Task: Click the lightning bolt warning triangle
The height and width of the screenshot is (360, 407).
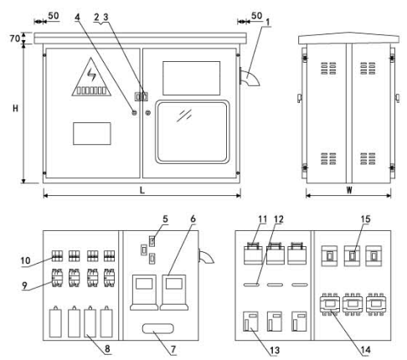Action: (x=91, y=77)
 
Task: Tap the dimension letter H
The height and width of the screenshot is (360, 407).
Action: (x=15, y=108)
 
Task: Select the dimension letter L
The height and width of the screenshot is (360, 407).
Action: (x=142, y=190)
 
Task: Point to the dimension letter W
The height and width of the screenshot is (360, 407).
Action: (x=349, y=190)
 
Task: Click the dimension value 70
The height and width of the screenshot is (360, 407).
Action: (x=15, y=39)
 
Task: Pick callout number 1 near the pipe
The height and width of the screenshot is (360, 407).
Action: (x=268, y=22)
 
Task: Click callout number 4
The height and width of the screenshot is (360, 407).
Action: (x=77, y=17)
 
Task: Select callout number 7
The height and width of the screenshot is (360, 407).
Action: (x=173, y=349)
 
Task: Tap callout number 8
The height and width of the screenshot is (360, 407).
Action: (x=107, y=348)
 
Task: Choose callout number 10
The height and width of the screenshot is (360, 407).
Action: (x=25, y=260)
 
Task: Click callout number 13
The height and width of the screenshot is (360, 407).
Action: (x=275, y=350)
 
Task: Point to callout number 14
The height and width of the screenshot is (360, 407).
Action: (x=365, y=350)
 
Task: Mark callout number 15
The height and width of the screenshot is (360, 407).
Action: (x=365, y=219)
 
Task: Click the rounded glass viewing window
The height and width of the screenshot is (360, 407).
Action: (x=193, y=131)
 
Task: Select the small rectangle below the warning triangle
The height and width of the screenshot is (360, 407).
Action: (x=92, y=133)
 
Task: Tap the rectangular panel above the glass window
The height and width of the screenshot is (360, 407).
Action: (x=191, y=78)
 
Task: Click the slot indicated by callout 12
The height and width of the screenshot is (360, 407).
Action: (x=251, y=285)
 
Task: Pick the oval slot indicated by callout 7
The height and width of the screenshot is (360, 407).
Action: (x=157, y=328)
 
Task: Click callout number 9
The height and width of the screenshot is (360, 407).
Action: (x=24, y=285)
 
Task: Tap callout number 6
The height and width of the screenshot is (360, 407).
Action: (x=193, y=219)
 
